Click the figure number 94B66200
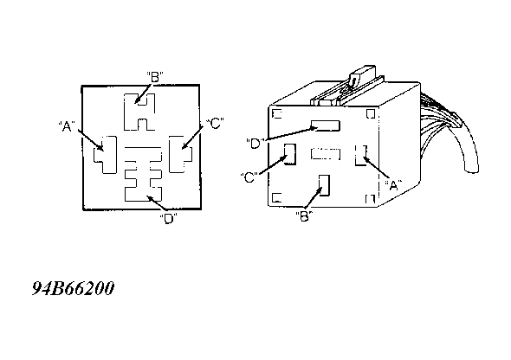(x=74, y=288)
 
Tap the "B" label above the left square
(x=155, y=78)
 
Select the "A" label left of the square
(x=67, y=126)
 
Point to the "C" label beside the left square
(x=215, y=124)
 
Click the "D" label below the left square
(x=169, y=219)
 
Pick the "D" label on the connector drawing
(x=255, y=143)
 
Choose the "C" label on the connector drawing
(x=249, y=177)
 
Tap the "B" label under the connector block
(x=304, y=216)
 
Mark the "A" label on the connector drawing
(x=394, y=185)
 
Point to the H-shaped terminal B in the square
(x=139, y=112)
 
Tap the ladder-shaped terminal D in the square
(x=144, y=174)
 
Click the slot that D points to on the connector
(x=326, y=125)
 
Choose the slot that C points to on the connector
(x=290, y=154)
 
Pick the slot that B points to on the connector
(x=324, y=185)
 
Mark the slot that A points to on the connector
(x=361, y=155)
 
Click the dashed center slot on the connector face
(x=326, y=154)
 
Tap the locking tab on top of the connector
(x=361, y=75)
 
